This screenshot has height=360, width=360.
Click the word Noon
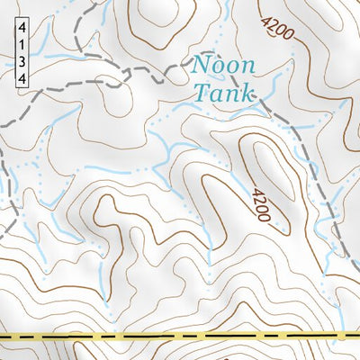[222, 66]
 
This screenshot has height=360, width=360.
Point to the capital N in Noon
[201, 66]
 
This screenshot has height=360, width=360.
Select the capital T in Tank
[199, 92]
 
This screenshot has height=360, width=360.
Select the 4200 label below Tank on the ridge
[262, 206]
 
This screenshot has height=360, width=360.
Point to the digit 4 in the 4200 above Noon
[267, 19]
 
